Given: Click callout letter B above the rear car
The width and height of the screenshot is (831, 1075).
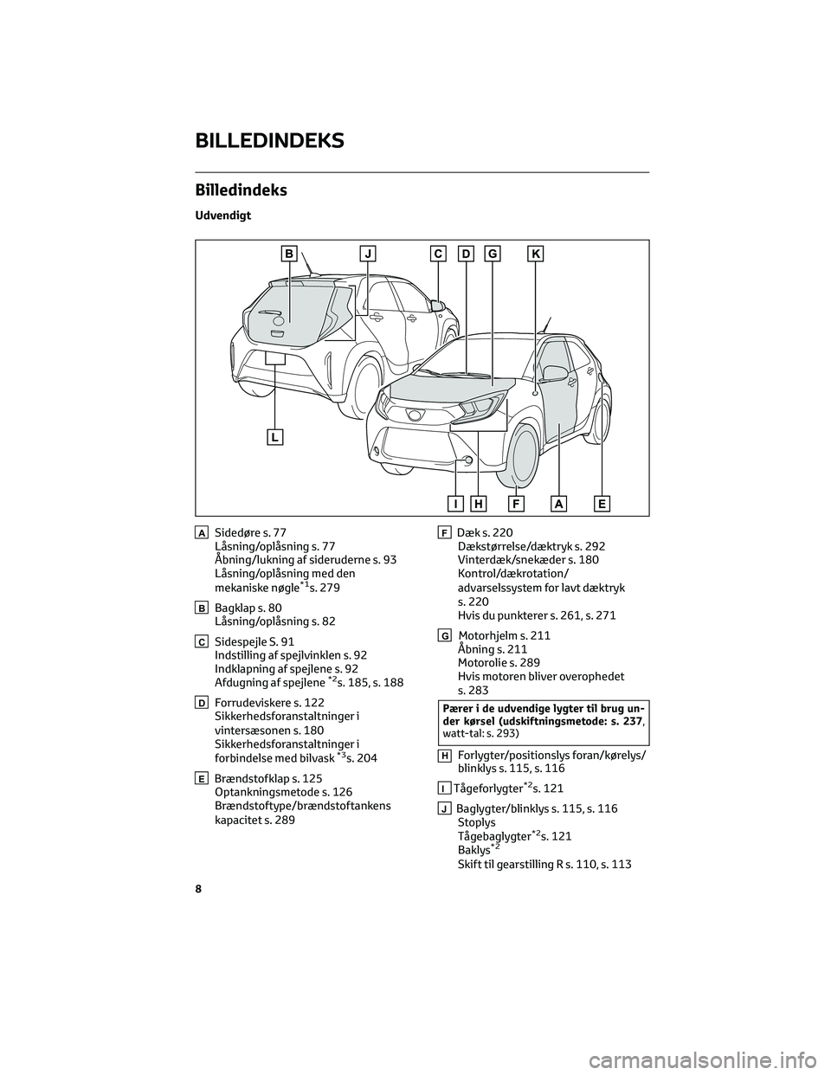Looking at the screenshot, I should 289,254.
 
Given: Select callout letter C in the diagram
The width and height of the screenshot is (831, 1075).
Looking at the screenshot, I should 439,254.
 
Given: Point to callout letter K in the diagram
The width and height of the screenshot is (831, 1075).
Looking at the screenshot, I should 536,254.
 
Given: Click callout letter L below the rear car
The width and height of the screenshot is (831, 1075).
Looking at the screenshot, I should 274,437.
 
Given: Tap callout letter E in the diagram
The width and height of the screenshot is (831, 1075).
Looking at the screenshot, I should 602,503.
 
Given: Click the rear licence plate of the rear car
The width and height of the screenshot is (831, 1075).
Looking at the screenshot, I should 275,357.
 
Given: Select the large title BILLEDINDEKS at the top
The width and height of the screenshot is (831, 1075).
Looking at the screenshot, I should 271,139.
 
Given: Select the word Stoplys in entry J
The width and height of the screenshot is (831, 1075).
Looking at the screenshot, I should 476,822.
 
